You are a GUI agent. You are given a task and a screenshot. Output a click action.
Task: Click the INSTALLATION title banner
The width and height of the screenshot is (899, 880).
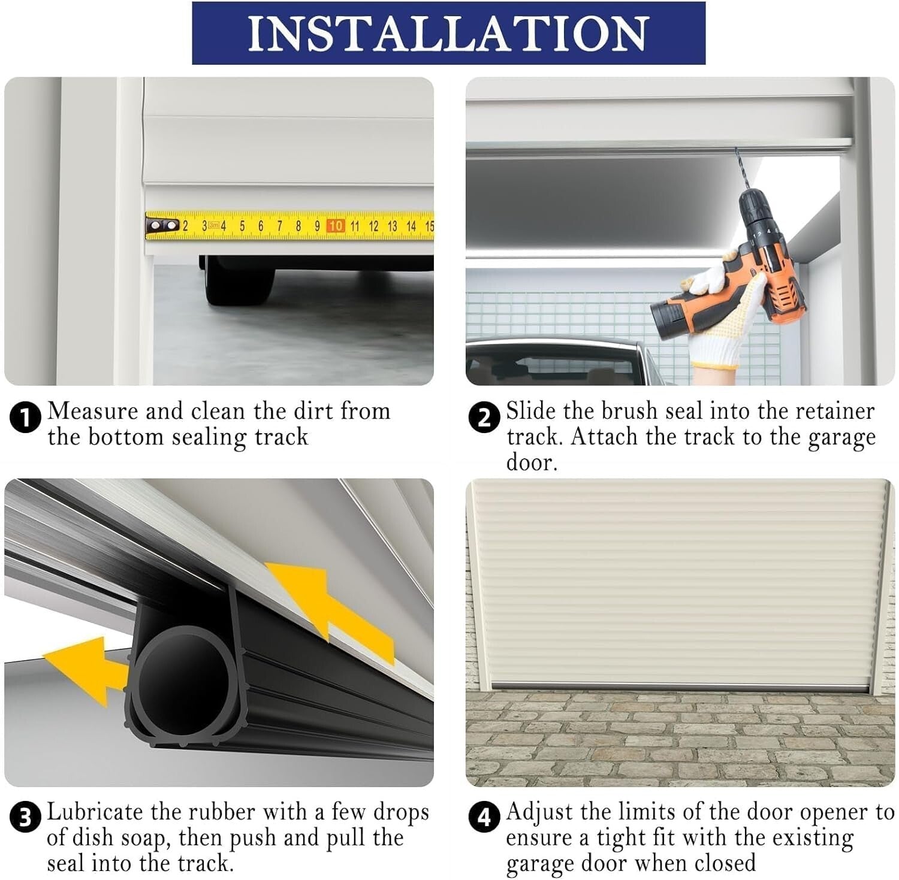(448, 33)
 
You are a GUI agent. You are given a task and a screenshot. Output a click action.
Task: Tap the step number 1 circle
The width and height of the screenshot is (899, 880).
(25, 417)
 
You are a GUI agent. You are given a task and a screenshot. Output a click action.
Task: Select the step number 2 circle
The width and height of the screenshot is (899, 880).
(484, 418)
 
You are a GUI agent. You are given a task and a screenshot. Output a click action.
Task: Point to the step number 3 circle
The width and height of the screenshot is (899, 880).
(25, 818)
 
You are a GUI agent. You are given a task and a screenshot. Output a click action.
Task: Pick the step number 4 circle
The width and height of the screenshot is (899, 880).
(484, 818)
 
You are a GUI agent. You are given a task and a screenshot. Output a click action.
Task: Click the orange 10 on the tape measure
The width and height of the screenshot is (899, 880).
(336, 226)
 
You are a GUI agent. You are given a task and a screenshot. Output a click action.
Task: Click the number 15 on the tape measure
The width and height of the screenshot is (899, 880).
(429, 226)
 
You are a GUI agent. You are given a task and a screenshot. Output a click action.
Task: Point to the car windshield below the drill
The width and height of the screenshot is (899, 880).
(557, 362)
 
